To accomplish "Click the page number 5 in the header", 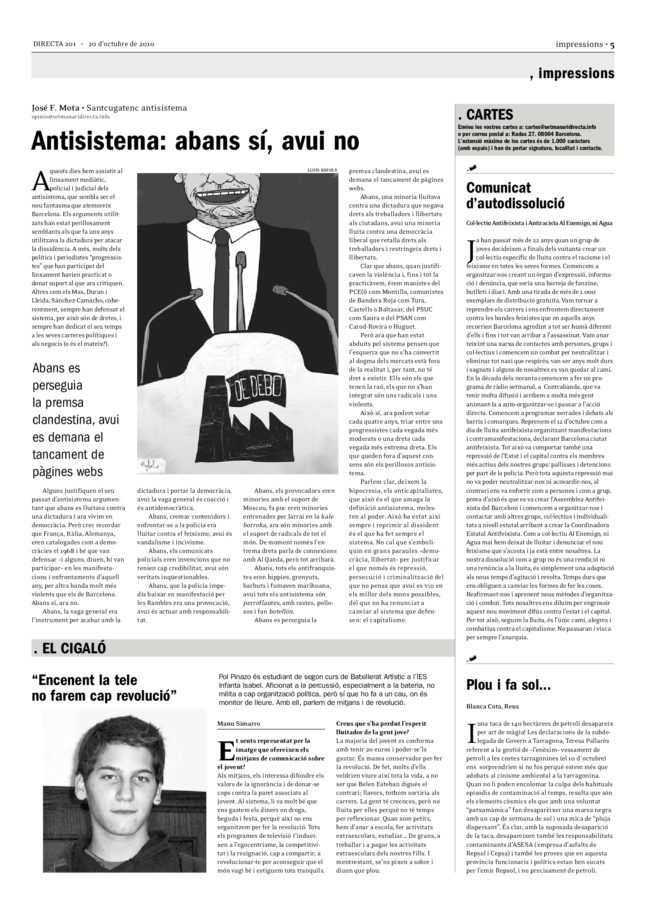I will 612,45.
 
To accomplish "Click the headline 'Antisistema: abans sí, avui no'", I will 195,141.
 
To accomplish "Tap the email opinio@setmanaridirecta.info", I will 70,116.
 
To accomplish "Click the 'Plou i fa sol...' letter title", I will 508,685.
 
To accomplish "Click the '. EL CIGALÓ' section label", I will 70,649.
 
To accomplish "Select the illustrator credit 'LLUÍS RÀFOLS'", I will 322,170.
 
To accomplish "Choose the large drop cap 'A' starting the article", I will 40,182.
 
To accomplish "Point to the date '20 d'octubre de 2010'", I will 122,44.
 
